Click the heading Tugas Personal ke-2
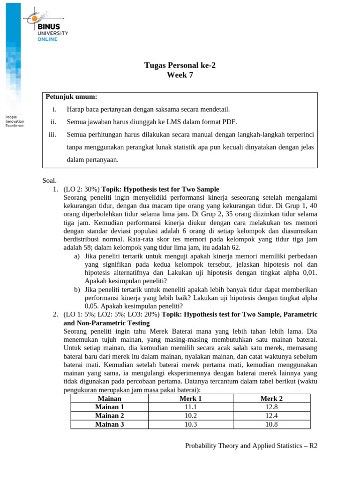(180, 65)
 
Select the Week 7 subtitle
(180, 75)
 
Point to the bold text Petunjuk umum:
(71, 97)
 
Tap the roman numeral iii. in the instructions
(52, 135)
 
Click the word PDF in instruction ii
(230, 122)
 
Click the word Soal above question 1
(49, 180)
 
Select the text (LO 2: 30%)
(82, 189)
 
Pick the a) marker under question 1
(77, 256)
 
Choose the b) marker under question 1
(77, 290)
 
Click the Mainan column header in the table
(109, 398)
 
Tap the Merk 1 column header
(190, 398)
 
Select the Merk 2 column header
(271, 398)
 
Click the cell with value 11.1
(190, 407)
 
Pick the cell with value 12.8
(271, 407)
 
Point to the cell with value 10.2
(190, 416)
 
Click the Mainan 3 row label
(109, 425)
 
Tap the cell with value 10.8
(271, 425)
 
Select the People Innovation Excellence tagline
(14, 121)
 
